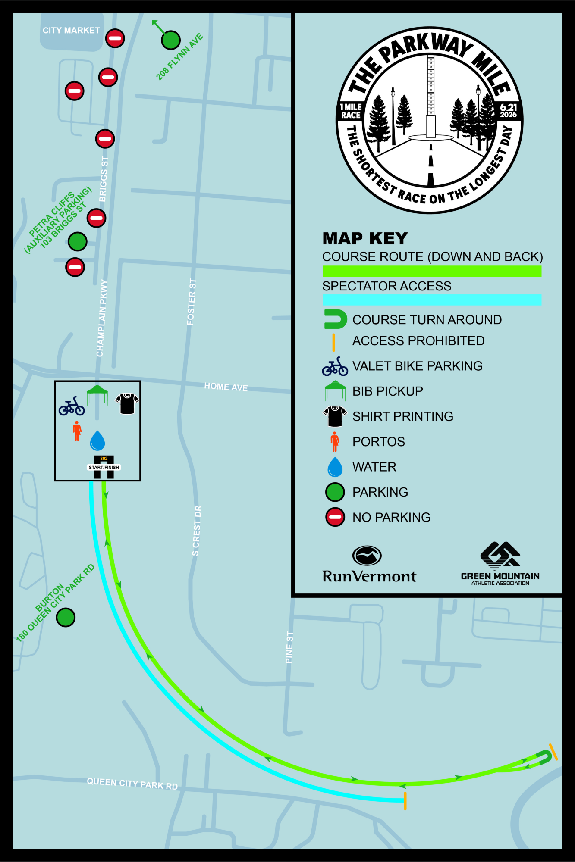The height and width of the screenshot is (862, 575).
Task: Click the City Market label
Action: [x=71, y=31]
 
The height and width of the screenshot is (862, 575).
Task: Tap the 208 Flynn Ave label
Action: [x=179, y=57]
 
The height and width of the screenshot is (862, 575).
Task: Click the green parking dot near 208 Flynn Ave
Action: [x=171, y=41]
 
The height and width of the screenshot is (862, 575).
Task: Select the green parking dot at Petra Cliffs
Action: [x=78, y=241]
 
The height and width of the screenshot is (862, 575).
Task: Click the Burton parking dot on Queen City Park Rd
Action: [x=66, y=617]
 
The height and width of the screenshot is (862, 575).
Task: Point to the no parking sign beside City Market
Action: [x=115, y=38]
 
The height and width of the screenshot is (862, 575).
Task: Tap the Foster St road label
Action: [x=192, y=302]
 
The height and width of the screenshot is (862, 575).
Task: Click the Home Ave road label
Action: [x=226, y=387]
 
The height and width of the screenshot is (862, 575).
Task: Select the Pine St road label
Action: [x=289, y=647]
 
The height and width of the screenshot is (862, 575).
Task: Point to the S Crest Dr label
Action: [x=197, y=531]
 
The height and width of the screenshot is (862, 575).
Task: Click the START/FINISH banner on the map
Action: [x=104, y=467]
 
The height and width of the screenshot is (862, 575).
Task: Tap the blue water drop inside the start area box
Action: [x=97, y=440]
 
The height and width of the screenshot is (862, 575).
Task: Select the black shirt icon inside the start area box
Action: [x=127, y=403]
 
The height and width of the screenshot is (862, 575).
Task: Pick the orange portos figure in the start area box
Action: [x=77, y=431]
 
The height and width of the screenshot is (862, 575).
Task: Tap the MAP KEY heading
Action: [x=365, y=238]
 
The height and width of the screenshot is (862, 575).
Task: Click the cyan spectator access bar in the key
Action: [x=432, y=300]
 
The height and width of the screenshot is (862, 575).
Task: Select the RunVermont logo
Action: [x=369, y=565]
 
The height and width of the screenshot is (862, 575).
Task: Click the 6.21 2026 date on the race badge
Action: [x=509, y=111]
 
